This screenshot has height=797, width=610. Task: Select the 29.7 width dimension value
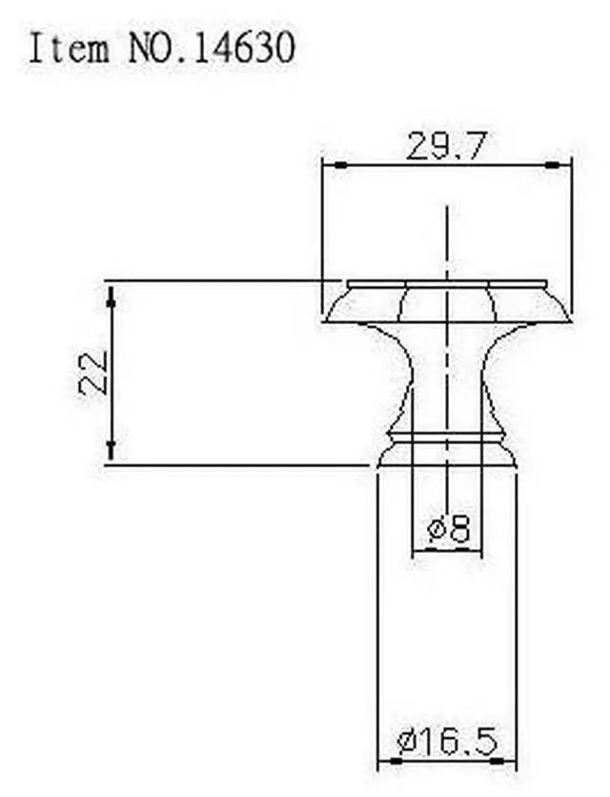(446, 147)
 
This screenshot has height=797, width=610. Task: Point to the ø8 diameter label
(449, 529)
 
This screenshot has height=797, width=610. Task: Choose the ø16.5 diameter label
(447, 741)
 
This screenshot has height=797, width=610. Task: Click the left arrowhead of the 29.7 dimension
(335, 165)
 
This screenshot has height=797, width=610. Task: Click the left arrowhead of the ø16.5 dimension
(387, 762)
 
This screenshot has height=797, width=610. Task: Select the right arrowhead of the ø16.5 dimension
(507, 762)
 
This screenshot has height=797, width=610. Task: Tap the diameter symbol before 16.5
(404, 741)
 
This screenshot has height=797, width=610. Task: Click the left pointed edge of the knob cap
(326, 319)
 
